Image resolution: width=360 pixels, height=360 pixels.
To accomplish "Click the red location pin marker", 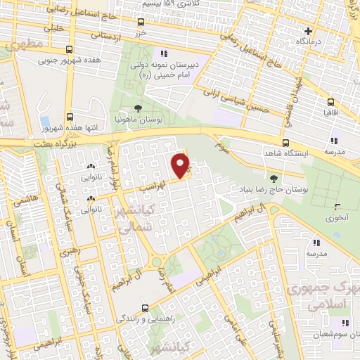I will pyautogui.click(x=181, y=165).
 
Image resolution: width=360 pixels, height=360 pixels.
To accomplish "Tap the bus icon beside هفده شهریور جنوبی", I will pyautogui.click(x=69, y=50).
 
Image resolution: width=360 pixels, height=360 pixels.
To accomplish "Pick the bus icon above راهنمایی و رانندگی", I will pyautogui.click(x=145, y=307).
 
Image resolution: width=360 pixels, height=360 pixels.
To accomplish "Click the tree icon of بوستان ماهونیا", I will pyautogui.click(x=139, y=110).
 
